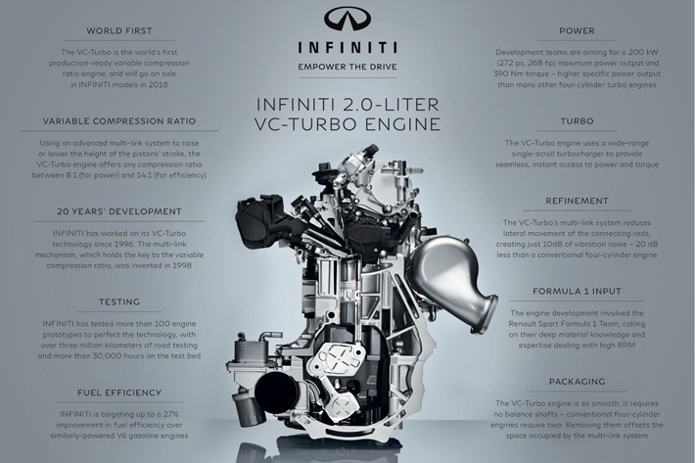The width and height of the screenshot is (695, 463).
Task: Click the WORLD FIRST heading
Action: tap(118, 30)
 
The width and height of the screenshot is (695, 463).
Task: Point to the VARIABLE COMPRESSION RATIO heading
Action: tap(118, 120)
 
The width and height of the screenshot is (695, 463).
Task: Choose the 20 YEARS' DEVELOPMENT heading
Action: tap(118, 210)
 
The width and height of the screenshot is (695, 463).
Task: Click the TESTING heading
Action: tap(118, 301)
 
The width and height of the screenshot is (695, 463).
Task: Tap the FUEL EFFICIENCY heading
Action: tap(118, 393)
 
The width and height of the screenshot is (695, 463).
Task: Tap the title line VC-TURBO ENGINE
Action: tap(347, 124)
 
